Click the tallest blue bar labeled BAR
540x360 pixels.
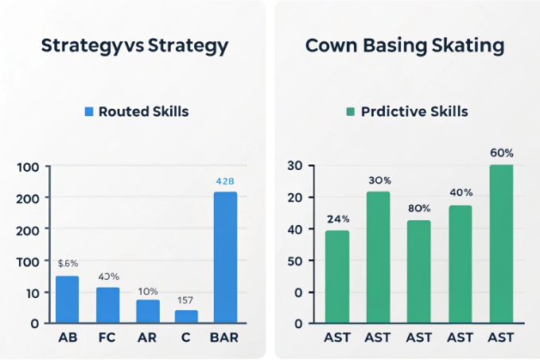[x=225, y=257]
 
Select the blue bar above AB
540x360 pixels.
[x=67, y=299]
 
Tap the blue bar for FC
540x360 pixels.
[x=107, y=304]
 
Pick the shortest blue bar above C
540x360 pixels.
[x=186, y=316]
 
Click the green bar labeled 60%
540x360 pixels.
[x=501, y=243]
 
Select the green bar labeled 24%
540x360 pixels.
[x=336, y=277]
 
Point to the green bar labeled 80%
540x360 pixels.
[x=418, y=271]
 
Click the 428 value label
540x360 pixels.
[x=225, y=181]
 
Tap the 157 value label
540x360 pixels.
[x=186, y=300]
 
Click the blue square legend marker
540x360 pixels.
[x=89, y=112]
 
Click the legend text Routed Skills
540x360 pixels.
[x=143, y=112]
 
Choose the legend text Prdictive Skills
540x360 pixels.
[x=414, y=112]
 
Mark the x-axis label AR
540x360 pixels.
[x=147, y=337]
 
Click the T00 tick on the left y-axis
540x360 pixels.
[x=27, y=261]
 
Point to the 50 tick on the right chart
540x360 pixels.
[x=294, y=261]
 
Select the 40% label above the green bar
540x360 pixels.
[x=460, y=193]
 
